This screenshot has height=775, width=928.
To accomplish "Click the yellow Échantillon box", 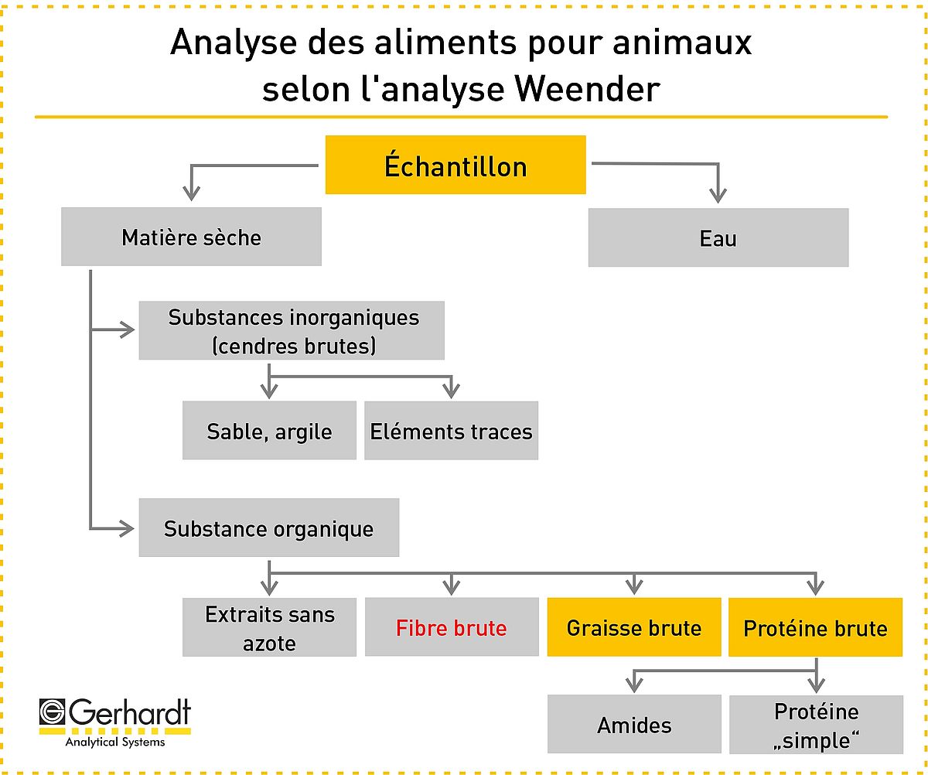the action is (455, 165).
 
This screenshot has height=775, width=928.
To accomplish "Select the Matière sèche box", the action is (191, 237).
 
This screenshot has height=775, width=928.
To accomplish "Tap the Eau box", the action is (718, 237).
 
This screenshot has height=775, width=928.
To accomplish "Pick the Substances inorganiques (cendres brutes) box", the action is (292, 330).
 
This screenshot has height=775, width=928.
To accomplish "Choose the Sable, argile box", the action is (269, 430).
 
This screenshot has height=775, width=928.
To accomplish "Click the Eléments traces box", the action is (451, 430).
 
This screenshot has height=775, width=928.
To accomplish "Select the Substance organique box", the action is (269, 527).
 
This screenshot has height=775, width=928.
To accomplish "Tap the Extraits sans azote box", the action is (269, 627).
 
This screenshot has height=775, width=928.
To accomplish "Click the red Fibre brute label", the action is (451, 628).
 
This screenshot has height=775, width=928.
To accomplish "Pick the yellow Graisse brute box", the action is (634, 627).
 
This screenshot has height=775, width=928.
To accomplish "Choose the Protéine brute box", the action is (816, 627).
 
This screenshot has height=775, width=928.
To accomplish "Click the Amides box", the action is (634, 724).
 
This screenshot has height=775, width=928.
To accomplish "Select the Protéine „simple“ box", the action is (816, 724).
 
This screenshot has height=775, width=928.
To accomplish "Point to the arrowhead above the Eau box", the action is (718, 196).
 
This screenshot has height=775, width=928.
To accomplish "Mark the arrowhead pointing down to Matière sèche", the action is (191, 193).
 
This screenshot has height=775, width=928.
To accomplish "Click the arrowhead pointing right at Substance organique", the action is (127, 529).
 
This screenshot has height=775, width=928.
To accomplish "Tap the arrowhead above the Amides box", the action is (634, 685).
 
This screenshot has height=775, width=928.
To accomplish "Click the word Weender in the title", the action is (587, 90).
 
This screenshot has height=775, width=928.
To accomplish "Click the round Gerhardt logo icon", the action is (53, 712).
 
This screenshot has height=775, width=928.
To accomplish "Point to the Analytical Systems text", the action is (115, 742).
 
